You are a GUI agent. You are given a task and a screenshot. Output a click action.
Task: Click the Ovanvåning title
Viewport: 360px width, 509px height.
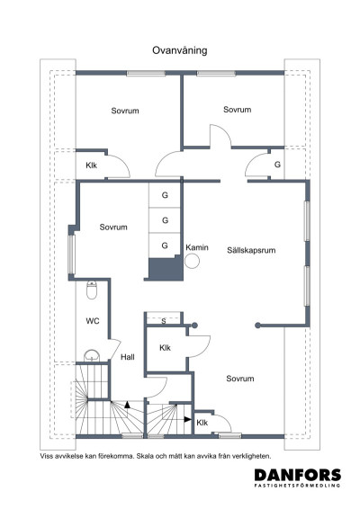click(x=180, y=50)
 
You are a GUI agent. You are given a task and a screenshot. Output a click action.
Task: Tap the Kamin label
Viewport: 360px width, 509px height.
click(x=197, y=247)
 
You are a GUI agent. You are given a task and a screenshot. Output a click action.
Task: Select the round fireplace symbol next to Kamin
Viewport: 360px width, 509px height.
click(x=192, y=261)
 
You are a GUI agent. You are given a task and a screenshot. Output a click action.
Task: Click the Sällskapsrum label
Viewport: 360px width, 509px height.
click(x=251, y=250)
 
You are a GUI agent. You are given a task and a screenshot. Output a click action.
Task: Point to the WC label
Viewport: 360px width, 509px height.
click(x=93, y=321)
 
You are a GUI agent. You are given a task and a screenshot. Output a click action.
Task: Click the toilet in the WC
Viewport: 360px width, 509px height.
click(x=92, y=290)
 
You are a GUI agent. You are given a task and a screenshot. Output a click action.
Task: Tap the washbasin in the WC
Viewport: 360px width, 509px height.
click(x=92, y=356)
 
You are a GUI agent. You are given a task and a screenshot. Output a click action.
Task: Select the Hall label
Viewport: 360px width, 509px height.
click(x=128, y=357)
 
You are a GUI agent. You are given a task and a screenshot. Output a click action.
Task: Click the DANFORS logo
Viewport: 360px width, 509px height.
click(x=298, y=475)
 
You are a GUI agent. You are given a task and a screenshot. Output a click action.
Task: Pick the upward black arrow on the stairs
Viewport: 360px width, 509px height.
click(x=128, y=405)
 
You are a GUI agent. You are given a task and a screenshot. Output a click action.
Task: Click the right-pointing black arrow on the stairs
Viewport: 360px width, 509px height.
click(x=188, y=419)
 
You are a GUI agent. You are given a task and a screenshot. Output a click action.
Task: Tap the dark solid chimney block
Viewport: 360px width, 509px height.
click(x=166, y=269)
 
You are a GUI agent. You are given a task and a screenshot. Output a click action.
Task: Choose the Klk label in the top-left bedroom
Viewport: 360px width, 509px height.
click(x=92, y=165)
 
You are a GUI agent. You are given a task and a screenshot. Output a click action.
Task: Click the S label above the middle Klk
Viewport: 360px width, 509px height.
click(x=164, y=321)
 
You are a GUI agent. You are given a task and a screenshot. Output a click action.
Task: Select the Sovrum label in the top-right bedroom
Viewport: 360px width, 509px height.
click(x=238, y=110)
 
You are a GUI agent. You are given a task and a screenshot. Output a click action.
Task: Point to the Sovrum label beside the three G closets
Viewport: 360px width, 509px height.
click(x=113, y=227)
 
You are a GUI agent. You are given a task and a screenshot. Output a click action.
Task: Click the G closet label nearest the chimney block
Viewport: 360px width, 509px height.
click(x=165, y=246)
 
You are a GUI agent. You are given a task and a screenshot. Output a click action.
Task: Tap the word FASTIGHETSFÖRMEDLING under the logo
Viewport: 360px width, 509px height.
click(x=297, y=486)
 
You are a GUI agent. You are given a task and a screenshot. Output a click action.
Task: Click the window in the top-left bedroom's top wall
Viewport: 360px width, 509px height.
click(x=146, y=74)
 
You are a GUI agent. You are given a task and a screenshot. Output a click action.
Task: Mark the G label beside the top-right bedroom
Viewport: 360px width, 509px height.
click(x=277, y=165)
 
